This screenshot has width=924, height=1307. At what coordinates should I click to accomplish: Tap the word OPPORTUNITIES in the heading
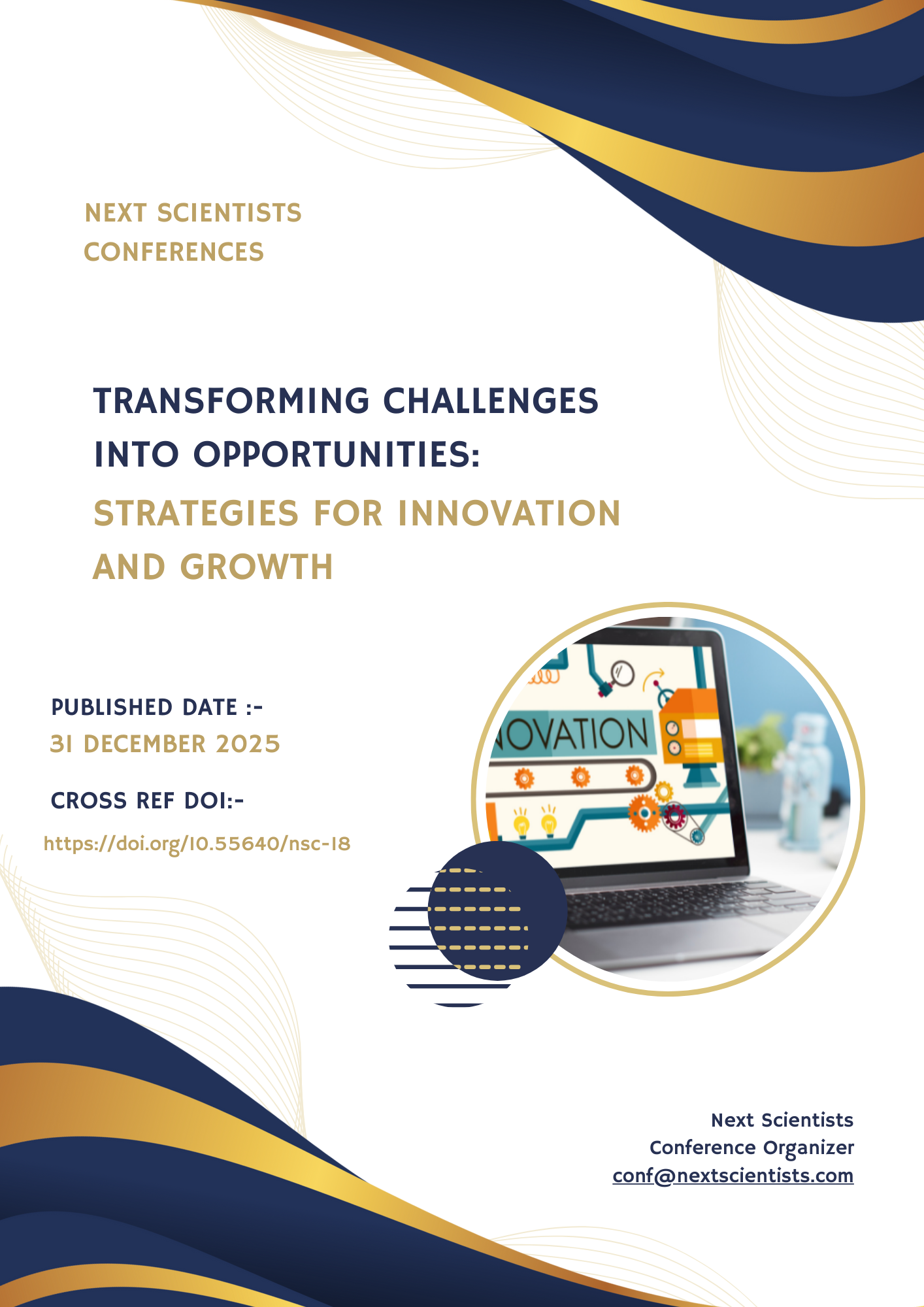click(337, 454)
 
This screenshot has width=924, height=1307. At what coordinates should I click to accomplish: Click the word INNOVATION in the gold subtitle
click(509, 513)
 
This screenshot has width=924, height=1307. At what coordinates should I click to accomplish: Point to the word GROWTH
click(257, 567)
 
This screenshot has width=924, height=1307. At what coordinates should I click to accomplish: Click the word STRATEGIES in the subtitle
click(196, 513)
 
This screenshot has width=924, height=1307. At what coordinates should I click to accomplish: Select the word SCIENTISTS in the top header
click(229, 213)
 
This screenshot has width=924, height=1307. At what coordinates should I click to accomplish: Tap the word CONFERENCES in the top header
click(174, 252)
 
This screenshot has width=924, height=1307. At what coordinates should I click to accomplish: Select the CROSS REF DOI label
click(147, 801)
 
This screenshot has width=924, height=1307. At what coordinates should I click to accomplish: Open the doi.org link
click(197, 844)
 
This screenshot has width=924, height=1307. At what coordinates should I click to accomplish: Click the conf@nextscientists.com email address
click(733, 1176)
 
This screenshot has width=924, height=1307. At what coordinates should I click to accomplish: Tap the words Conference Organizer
click(752, 1148)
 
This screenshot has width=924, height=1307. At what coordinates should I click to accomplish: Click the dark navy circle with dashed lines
click(497, 910)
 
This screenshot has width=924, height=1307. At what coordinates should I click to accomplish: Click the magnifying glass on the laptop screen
click(621, 673)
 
